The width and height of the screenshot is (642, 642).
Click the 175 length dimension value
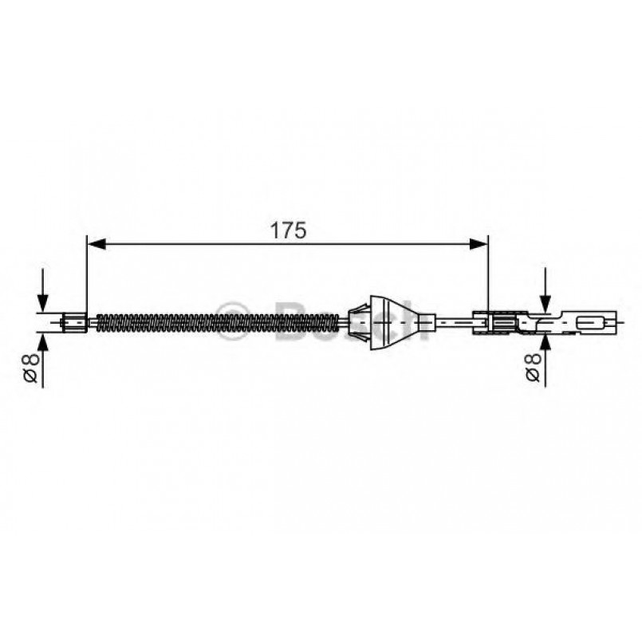288,230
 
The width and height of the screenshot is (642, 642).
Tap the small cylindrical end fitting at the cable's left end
74,323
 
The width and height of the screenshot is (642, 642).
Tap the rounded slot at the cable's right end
591,323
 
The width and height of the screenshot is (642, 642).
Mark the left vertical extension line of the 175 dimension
85,271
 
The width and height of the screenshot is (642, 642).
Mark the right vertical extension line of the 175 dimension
487,271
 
